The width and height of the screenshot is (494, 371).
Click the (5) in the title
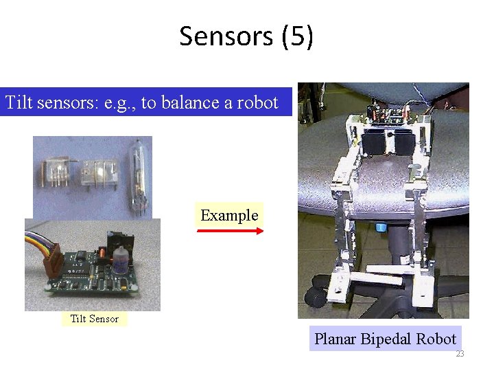click(297, 36)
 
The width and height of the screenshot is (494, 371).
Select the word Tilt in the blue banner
click(19, 103)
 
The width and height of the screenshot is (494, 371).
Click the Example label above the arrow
click(229, 215)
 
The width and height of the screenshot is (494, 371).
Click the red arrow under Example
click(229, 232)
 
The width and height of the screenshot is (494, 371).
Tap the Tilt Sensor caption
click(95, 319)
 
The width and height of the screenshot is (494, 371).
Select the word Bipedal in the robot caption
click(388, 339)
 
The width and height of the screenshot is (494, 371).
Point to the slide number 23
click(460, 354)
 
